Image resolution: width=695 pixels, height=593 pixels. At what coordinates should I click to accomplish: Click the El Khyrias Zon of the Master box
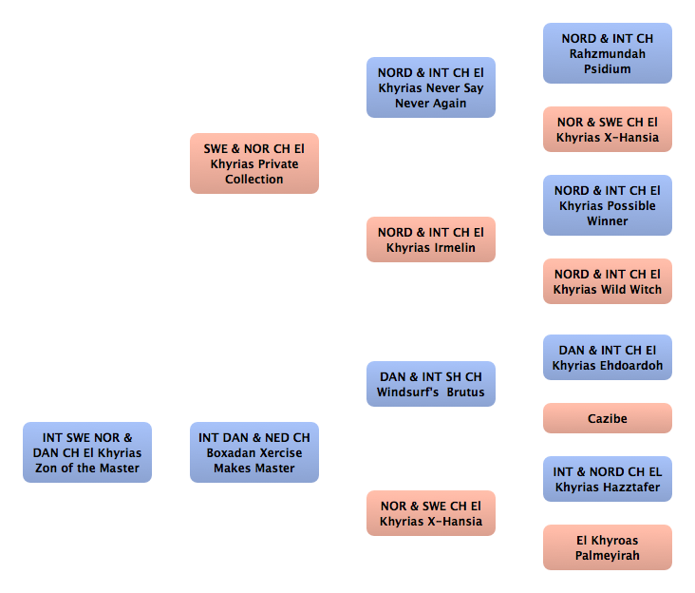pos(87,452)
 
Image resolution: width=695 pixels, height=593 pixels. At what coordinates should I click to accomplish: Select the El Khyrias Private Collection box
pos(254,163)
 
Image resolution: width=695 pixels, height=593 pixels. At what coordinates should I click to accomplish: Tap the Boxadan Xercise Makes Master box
pos(254,452)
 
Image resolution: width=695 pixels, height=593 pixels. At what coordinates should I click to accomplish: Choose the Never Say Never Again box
pos(431,87)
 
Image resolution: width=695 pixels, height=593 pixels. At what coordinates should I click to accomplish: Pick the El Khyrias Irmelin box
pos(431,239)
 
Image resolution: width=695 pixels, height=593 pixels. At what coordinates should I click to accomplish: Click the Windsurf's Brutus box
pos(431,384)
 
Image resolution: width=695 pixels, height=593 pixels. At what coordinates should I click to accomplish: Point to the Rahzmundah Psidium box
pos(608,53)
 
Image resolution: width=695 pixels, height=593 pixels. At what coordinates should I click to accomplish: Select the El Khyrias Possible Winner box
pos(608,205)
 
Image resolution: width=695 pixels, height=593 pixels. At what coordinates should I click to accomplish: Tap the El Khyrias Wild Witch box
pos(608,281)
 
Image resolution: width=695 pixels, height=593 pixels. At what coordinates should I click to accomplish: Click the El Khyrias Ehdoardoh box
pos(608,357)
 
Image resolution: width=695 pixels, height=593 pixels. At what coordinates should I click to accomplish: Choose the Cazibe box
pos(608,418)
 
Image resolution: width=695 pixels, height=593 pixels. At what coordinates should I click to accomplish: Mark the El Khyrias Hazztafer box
pos(608,479)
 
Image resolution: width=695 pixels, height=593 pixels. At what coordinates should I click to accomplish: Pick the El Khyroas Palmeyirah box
pos(608,547)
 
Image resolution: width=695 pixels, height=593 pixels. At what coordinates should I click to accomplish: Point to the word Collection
pos(254,180)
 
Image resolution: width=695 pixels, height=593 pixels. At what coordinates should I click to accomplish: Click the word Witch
pos(646,289)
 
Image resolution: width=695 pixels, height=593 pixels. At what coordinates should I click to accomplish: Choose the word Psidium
pos(608,68)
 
